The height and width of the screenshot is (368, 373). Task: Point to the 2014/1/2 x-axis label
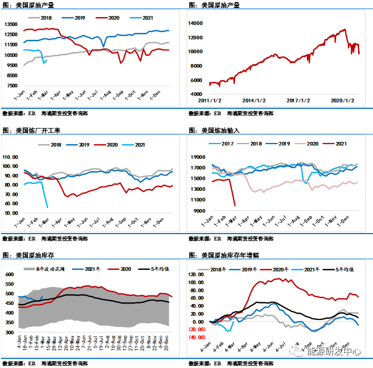[x=253, y=100]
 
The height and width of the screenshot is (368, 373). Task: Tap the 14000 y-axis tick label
[x=196, y=23]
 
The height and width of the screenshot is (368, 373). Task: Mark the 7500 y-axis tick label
[x=12, y=85]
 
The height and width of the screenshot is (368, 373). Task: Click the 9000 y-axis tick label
[x=199, y=211]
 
